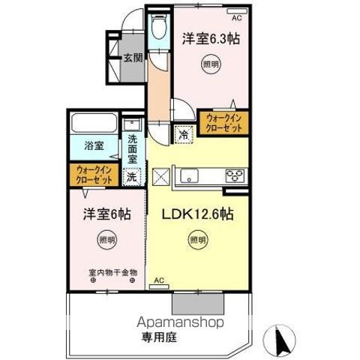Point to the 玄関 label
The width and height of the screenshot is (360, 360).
click(133, 56)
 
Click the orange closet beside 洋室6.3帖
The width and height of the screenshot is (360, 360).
click(223, 122)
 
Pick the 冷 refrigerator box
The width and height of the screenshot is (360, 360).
click(184, 135)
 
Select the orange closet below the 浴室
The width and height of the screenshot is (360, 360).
click(94, 175)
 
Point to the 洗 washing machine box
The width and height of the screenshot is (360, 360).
click(130, 178)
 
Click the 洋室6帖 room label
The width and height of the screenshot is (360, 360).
click(106, 214)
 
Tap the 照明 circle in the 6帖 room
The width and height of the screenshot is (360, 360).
click(106, 241)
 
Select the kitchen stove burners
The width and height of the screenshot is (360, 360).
click(234, 178)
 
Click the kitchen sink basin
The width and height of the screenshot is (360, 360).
click(187, 178)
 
